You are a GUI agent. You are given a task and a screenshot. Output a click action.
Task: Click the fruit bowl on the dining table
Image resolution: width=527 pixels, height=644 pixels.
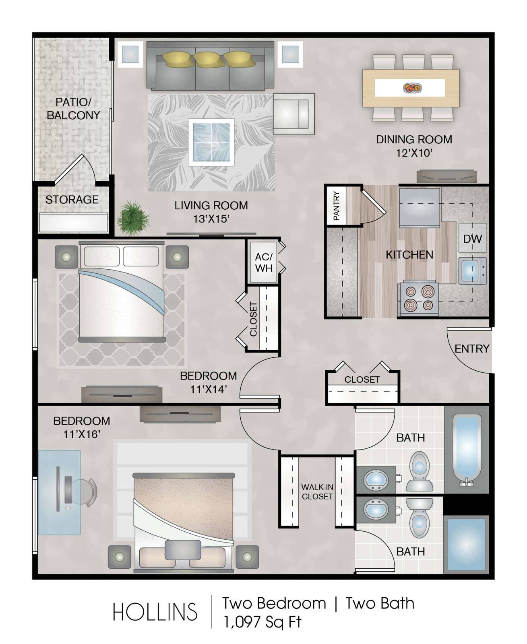pyautogui.click(x=412, y=88)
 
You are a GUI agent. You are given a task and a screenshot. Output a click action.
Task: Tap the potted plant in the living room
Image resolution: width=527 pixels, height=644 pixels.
pyautogui.click(x=133, y=218)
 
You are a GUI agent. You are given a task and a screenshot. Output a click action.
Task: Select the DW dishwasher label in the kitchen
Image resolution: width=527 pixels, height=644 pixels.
pyautogui.click(x=472, y=239)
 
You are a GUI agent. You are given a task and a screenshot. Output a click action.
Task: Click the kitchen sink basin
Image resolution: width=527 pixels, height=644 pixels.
pyautogui.click(x=470, y=270)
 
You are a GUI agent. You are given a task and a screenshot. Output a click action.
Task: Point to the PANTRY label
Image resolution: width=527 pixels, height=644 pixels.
pyautogui.click(x=336, y=206)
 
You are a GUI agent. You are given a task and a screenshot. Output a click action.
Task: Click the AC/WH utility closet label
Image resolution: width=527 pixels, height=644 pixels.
pyautogui.click(x=264, y=262)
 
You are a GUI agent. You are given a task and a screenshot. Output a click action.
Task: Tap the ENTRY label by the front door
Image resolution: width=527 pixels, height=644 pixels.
pyautogui.click(x=472, y=349)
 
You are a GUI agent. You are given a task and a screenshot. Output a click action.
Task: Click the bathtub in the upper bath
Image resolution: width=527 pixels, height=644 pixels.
pyautogui.click(x=467, y=449)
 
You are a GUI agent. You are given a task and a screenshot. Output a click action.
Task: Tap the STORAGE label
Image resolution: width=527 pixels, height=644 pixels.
pyautogui.click(x=72, y=200)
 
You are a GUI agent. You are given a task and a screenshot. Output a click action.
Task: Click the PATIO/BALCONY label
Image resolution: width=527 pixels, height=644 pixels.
pyautogui.click(x=73, y=109)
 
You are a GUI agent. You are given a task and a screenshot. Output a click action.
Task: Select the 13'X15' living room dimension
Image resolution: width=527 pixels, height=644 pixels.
pyautogui.click(x=211, y=219)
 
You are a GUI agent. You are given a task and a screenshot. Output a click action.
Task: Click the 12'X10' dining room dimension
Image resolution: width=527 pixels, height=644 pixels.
pyautogui.click(x=414, y=153)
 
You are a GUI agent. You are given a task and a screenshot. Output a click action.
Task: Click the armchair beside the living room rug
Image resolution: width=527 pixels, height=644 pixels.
pyautogui.click(x=293, y=114)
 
